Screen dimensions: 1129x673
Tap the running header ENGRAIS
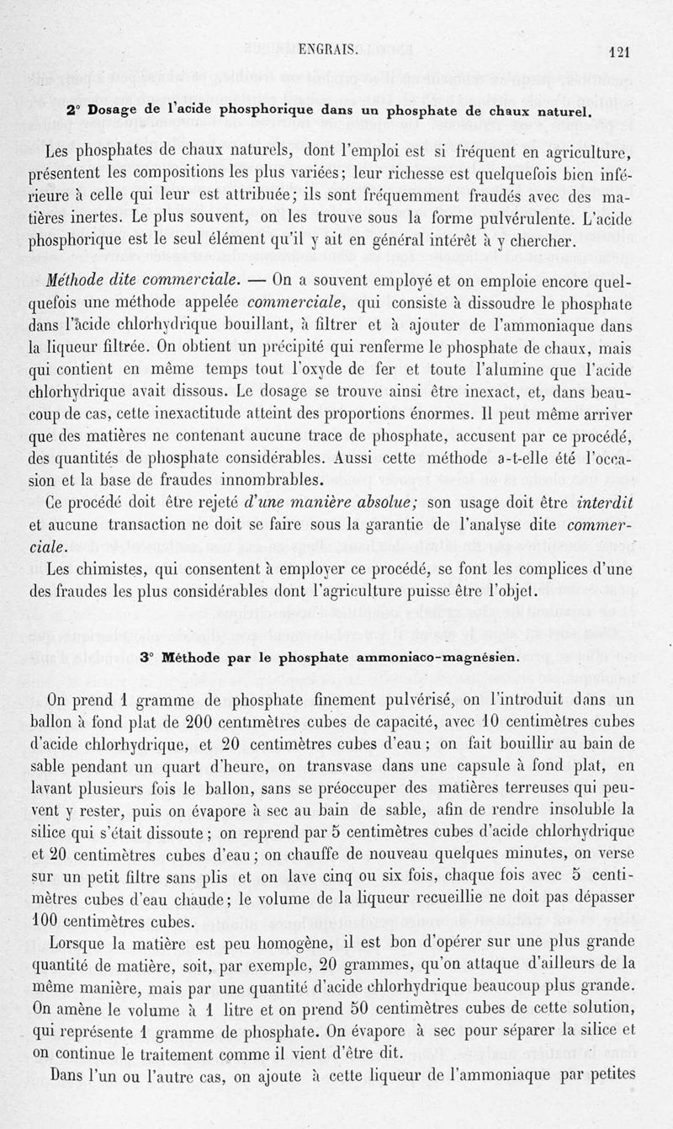[x=329, y=51]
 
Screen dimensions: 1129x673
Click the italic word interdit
[x=602, y=502]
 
